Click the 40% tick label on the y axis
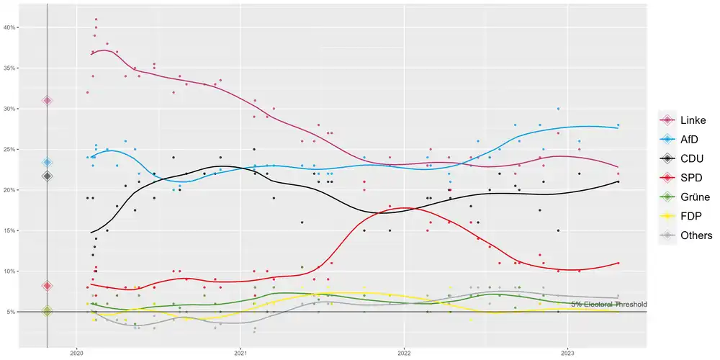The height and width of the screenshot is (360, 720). click(x=11, y=27)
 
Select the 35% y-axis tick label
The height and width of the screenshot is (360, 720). click(x=11, y=68)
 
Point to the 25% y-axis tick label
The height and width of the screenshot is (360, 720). click(x=11, y=149)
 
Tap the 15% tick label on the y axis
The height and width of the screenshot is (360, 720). click(x=11, y=230)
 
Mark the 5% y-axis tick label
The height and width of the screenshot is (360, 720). click(x=12, y=312)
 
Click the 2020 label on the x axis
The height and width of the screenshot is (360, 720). click(x=78, y=354)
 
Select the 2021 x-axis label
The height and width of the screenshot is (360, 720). click(x=241, y=354)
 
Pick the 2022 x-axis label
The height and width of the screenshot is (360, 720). click(x=404, y=354)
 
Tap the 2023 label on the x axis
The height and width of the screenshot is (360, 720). click(x=567, y=354)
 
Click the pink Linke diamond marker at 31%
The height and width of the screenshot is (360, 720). click(x=48, y=100)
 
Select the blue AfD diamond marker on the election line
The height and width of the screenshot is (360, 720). click(x=48, y=163)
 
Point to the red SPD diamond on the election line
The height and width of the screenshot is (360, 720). click(x=48, y=286)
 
